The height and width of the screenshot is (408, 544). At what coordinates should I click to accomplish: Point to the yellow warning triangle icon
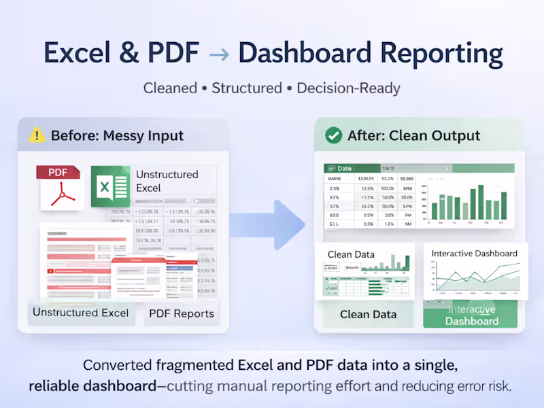37,135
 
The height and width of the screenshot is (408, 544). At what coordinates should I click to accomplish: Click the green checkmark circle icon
333,135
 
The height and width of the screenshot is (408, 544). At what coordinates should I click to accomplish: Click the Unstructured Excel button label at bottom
81,313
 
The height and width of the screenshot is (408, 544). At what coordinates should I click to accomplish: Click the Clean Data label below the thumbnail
368,314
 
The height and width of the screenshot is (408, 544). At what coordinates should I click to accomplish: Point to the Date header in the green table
344,169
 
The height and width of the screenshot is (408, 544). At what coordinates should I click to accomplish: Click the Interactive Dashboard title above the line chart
474,253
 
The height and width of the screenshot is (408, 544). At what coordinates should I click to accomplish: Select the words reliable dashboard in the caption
92,386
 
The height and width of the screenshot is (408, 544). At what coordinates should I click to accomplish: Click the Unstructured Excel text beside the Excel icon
167,181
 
